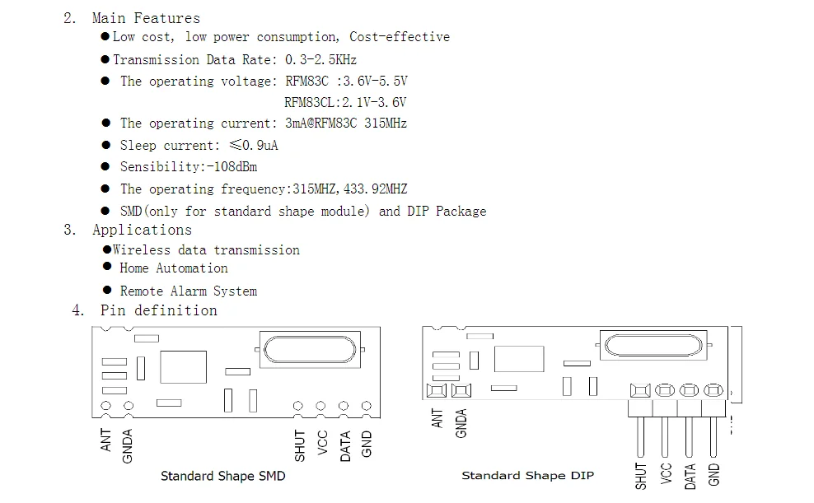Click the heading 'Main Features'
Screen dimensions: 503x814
[x=146, y=17]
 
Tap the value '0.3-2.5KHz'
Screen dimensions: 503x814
[x=320, y=59]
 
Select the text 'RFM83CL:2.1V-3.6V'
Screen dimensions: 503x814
[x=345, y=102]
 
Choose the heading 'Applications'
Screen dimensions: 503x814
[x=142, y=230]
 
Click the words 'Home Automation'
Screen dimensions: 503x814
[x=174, y=268]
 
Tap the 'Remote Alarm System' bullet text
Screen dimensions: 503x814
[x=189, y=291]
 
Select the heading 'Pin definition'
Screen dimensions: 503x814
[x=159, y=310]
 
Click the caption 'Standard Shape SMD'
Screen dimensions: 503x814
[x=222, y=476]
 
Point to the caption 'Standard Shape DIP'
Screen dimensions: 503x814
[x=527, y=475]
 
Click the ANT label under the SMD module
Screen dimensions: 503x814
[x=106, y=441]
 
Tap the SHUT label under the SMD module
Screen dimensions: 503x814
[x=300, y=445]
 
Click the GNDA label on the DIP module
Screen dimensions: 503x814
[x=461, y=422]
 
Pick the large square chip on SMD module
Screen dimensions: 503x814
[x=183, y=366]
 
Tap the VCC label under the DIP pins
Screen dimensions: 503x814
[x=666, y=473]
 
